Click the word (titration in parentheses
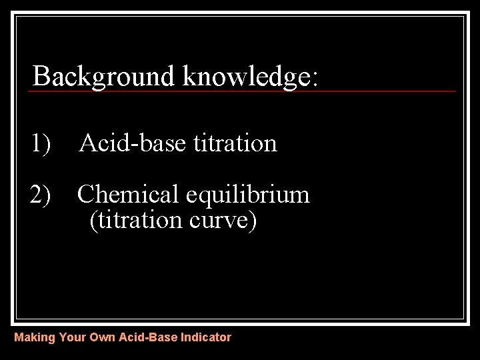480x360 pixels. pyautogui.click(x=134, y=220)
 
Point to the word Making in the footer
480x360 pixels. pyautogui.click(x=35, y=337)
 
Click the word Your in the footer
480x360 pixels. pyautogui.click(x=72, y=337)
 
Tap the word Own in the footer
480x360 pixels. pyautogui.click(x=103, y=337)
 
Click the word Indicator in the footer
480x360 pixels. pyautogui.click(x=206, y=337)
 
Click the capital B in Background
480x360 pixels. pyautogui.click(x=41, y=76)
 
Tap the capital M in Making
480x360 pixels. pyautogui.click(x=19, y=337)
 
